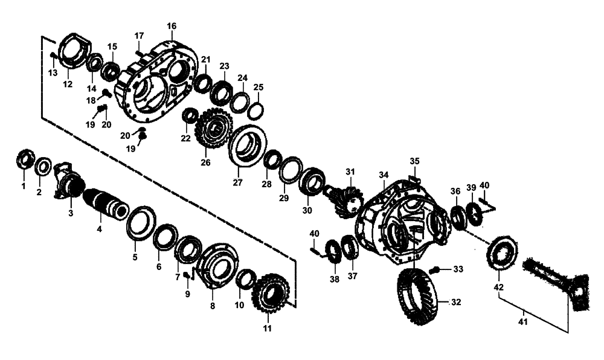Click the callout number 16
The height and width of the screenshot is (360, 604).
(x=172, y=26)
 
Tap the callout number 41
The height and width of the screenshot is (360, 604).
(x=523, y=322)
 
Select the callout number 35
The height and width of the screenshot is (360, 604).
(x=414, y=161)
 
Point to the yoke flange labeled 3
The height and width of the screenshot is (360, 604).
(x=68, y=182)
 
